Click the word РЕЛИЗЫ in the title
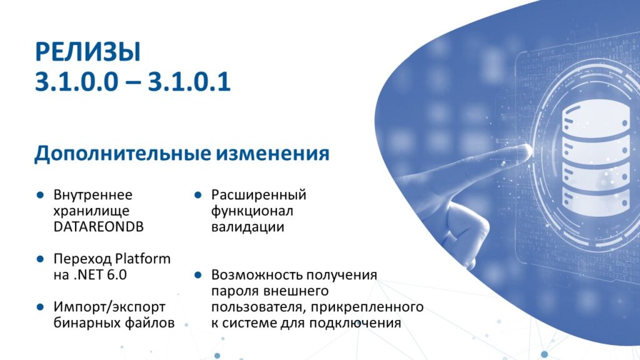(87, 52)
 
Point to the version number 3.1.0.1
(189, 82)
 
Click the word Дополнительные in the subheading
(123, 154)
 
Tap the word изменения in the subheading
(272, 154)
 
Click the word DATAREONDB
(98, 227)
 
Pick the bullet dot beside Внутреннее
(40, 195)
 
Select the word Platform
(142, 259)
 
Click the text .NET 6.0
(101, 275)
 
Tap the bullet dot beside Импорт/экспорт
(40, 307)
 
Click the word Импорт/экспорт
(109, 307)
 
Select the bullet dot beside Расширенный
(198, 195)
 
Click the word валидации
(247, 227)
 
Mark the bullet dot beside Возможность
(198, 275)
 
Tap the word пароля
(235, 291)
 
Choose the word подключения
(355, 323)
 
